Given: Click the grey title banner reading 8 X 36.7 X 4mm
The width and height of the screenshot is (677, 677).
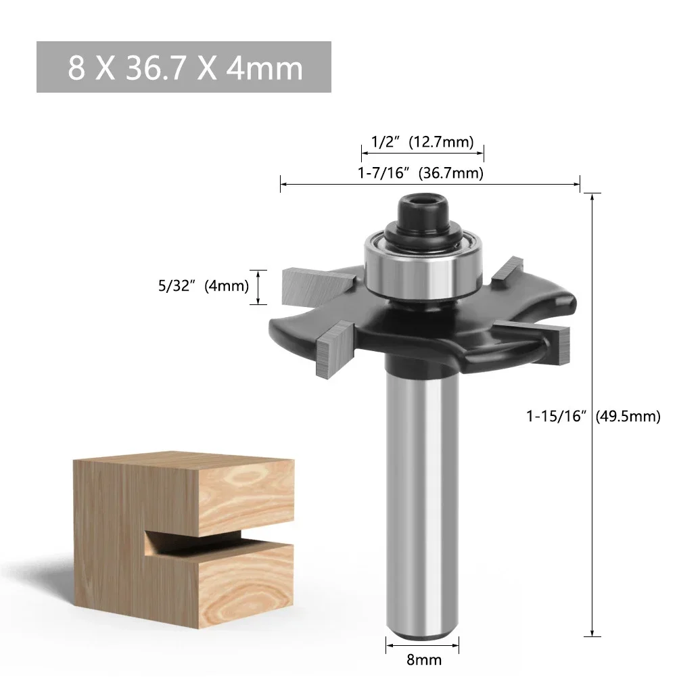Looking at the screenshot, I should [183, 67].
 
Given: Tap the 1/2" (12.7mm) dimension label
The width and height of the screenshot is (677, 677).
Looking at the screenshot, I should [421, 142].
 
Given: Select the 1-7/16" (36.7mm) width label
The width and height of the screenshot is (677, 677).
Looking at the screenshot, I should [421, 173].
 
